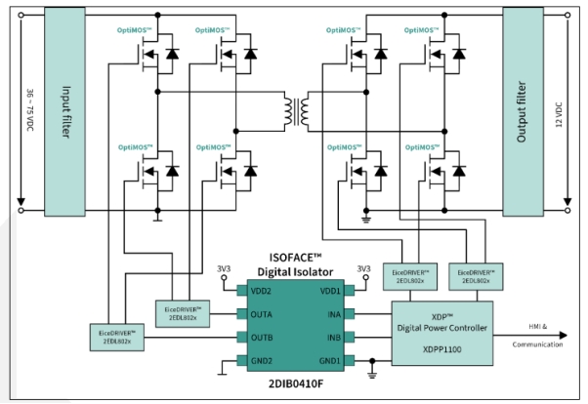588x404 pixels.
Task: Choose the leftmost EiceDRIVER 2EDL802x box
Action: pos(116,338)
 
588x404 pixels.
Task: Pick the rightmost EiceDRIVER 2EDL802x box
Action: pos(474,275)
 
